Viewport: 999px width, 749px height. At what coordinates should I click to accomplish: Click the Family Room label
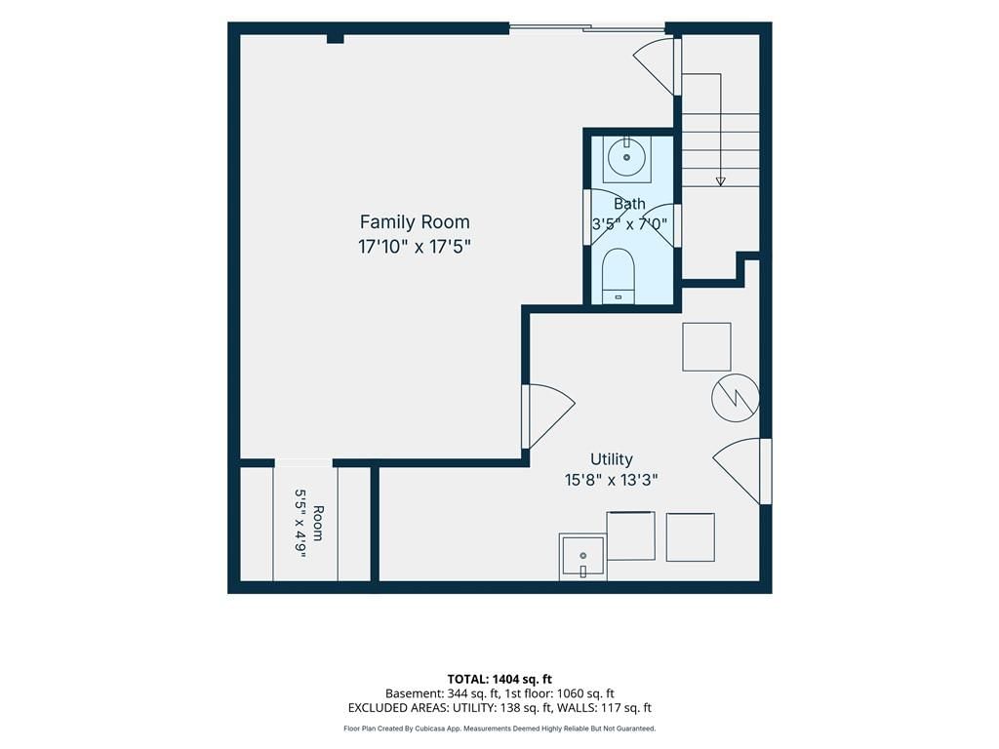[x=415, y=222]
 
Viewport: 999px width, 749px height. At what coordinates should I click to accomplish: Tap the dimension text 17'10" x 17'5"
[x=415, y=247]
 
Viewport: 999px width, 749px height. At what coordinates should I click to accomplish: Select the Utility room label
[x=612, y=459]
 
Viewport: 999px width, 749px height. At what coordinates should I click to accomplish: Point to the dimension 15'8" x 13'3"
[x=612, y=480]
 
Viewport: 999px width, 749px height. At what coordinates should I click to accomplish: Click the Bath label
[x=629, y=204]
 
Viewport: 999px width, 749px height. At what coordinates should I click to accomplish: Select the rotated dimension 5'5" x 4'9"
[x=300, y=523]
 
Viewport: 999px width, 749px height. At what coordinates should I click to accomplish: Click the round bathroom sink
[x=627, y=157]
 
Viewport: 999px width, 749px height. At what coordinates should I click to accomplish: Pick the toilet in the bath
[x=618, y=276]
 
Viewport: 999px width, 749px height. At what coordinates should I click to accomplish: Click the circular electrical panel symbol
[x=736, y=398]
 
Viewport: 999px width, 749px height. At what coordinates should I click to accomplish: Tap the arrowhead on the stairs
[x=721, y=181]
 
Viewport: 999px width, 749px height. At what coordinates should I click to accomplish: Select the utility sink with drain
[x=582, y=557]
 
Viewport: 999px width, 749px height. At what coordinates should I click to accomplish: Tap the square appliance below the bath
[x=706, y=347]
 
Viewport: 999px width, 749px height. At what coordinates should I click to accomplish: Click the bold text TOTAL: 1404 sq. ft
[x=499, y=679]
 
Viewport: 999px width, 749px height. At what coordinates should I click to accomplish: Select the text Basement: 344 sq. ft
[x=442, y=693]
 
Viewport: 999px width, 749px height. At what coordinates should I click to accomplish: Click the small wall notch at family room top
[x=336, y=39]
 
